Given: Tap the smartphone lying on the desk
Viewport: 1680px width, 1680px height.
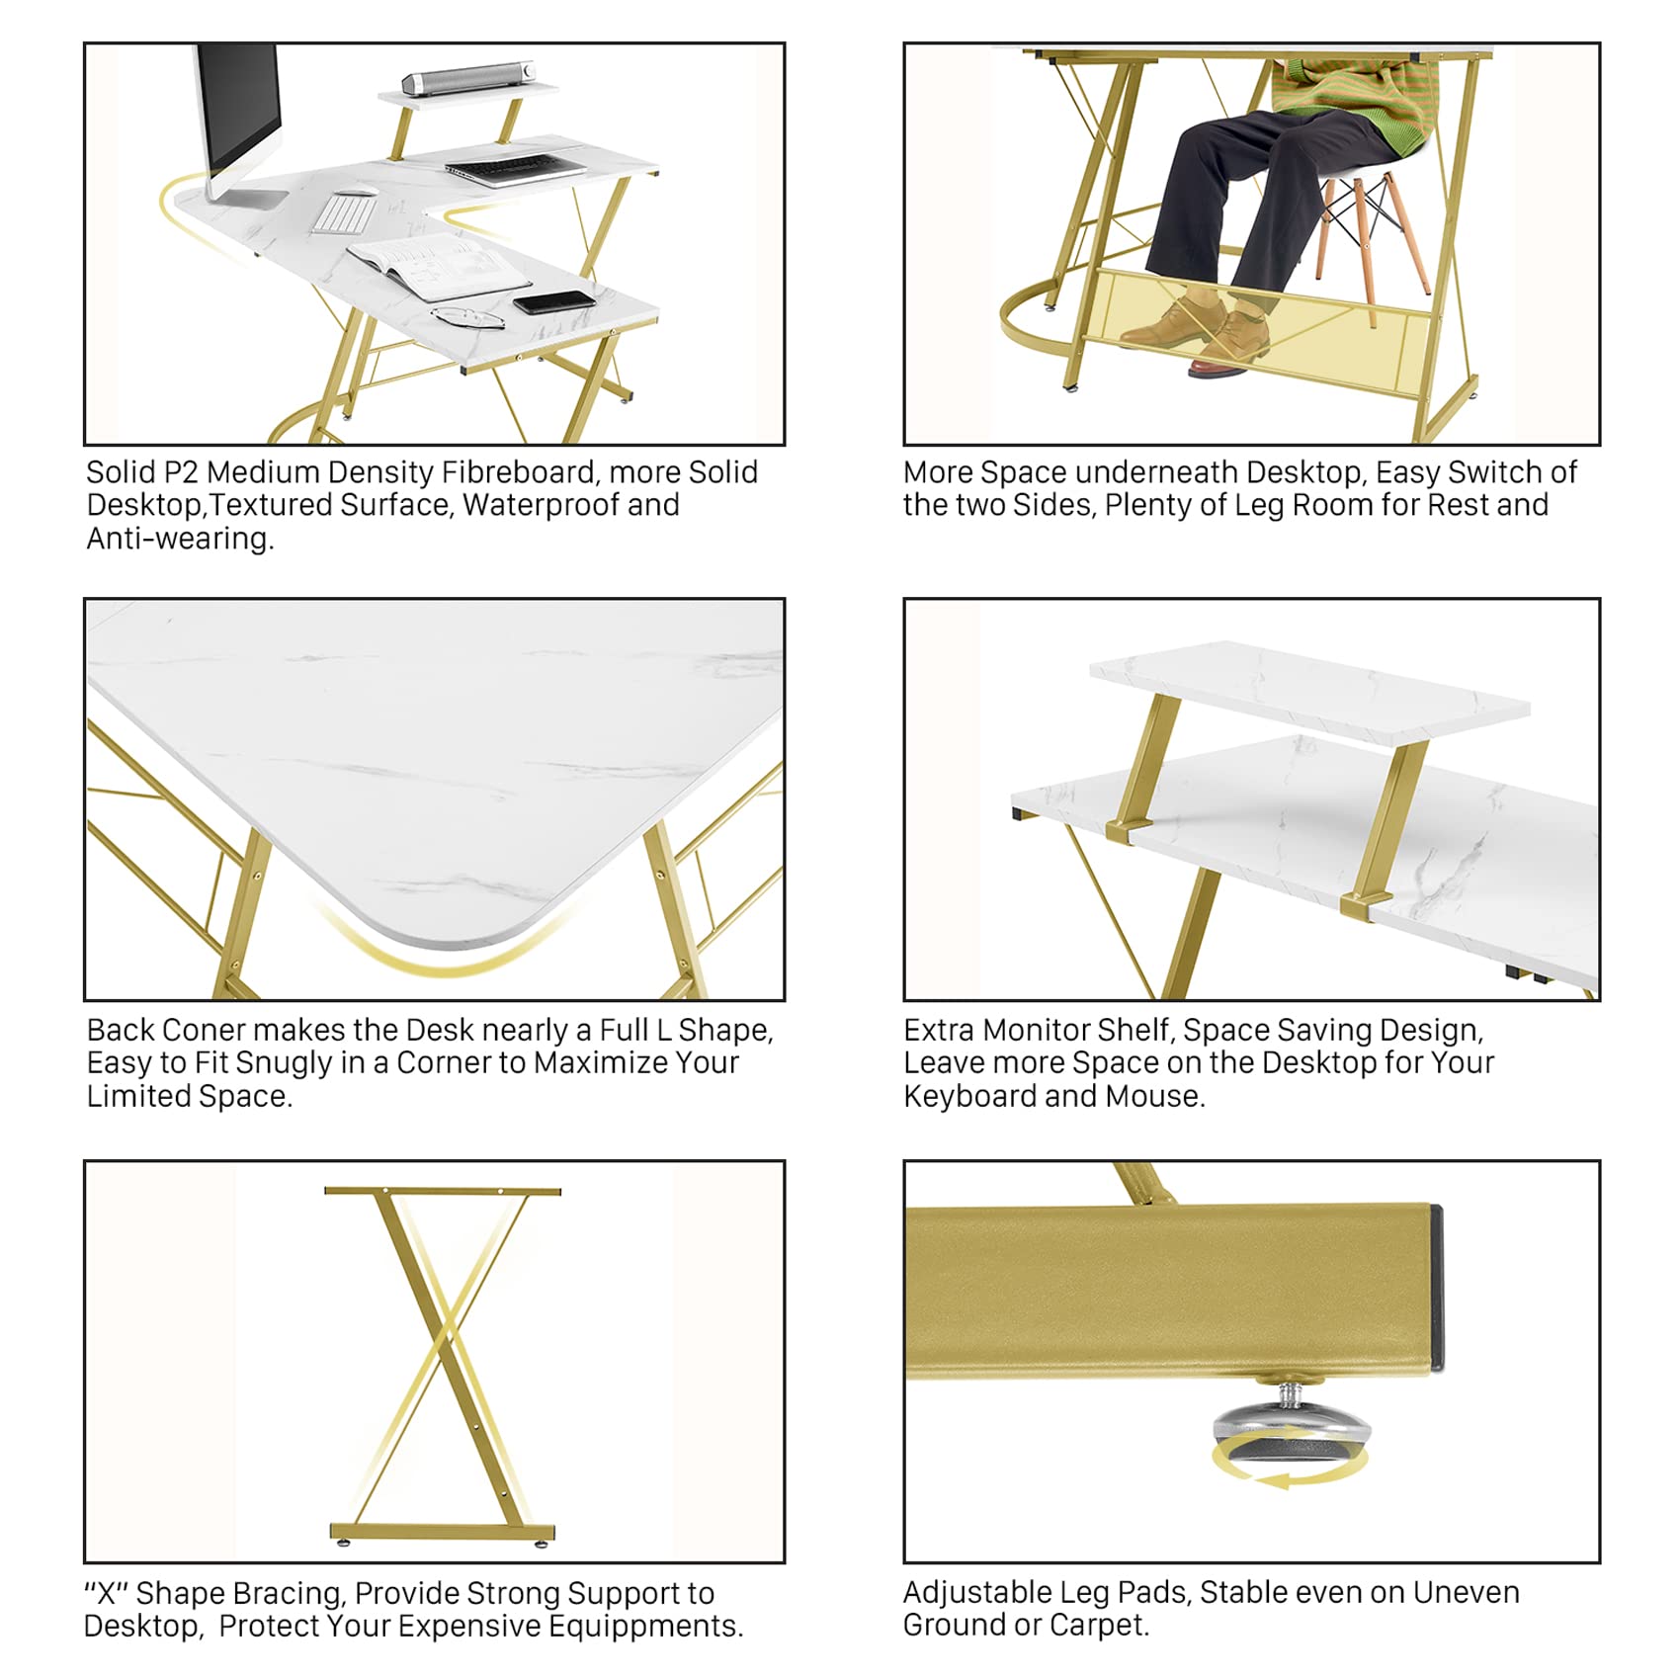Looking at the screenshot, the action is click(x=554, y=301).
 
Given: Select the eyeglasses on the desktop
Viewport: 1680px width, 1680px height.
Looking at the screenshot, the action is click(x=467, y=316).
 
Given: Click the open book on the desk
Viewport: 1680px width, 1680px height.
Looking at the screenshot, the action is click(x=439, y=266).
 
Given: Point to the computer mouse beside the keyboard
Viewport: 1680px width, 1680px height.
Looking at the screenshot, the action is click(x=357, y=193).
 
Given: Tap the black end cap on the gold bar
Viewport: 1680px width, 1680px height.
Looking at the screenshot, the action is click(x=1436, y=1287).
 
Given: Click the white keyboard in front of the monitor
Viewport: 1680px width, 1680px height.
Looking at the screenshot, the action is click(x=343, y=215).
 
